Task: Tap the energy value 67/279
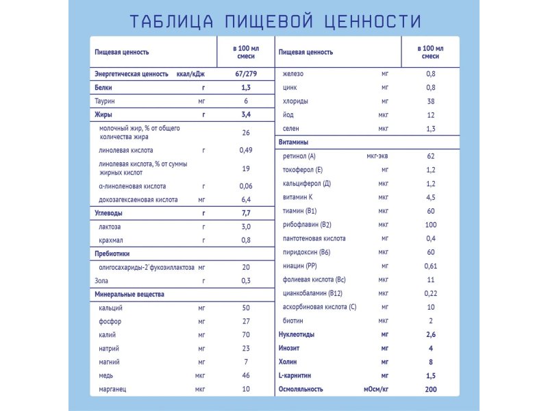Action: (246, 74)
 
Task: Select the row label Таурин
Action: (105, 101)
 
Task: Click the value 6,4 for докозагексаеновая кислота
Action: (246, 199)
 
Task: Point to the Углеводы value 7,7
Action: (246, 213)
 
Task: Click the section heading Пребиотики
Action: (112, 253)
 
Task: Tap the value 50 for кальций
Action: (246, 308)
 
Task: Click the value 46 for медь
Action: (246, 375)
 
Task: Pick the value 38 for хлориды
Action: (430, 101)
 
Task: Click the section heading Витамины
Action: (295, 142)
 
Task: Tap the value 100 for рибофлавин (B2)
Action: (430, 225)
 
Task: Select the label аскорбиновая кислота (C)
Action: (319, 307)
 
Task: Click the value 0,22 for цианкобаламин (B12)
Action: (430, 293)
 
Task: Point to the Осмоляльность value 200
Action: (430, 388)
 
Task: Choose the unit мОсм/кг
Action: (375, 388)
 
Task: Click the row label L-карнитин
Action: (296, 375)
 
